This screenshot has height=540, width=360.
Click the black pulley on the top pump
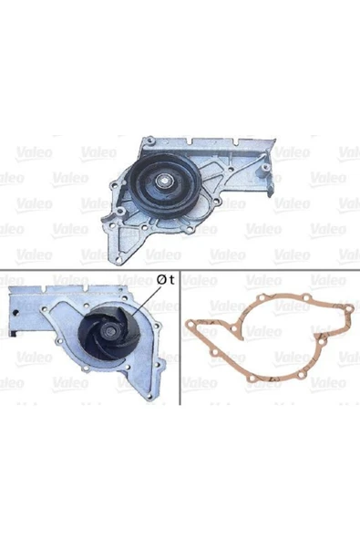click(x=165, y=185)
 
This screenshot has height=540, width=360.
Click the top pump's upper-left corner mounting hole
click(x=149, y=140)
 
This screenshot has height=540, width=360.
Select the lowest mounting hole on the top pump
click(x=118, y=258)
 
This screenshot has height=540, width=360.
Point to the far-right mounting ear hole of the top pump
click(x=264, y=167)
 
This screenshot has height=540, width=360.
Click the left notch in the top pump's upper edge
click(x=190, y=140)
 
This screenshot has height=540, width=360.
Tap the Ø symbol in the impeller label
click(x=161, y=280)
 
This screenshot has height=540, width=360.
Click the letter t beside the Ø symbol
click(x=171, y=280)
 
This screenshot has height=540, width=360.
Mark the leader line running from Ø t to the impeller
click(x=146, y=302)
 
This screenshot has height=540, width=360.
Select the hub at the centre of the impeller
click(x=110, y=332)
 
